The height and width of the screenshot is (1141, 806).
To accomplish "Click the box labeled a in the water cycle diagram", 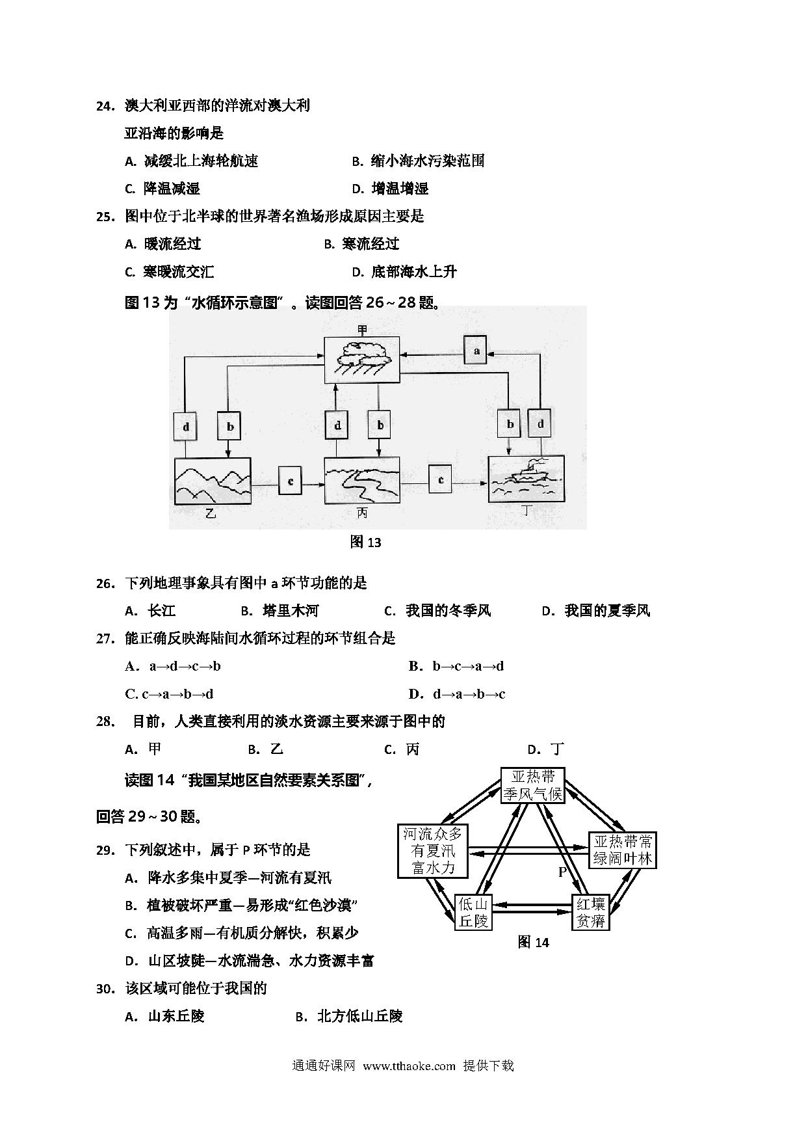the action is coord(476,351).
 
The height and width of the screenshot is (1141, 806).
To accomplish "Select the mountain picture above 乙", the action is coord(213,481).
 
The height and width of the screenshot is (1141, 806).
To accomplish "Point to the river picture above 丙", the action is coord(361,480).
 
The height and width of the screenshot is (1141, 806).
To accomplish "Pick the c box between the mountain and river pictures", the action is coord(290,481).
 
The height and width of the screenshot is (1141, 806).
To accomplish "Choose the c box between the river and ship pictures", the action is coord(441,480).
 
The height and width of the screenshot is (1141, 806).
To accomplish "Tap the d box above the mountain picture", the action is coord(186,427).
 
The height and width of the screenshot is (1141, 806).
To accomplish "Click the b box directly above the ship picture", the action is coord(510,424).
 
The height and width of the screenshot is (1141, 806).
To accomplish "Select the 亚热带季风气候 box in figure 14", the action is coord(533,786).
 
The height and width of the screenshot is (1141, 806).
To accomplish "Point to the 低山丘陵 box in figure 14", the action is coord(473,913).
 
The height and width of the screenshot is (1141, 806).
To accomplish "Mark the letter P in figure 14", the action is coord(563,872).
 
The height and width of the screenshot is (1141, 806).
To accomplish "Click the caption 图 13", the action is coord(365,542).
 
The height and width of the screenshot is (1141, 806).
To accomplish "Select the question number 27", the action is coord(105,639).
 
